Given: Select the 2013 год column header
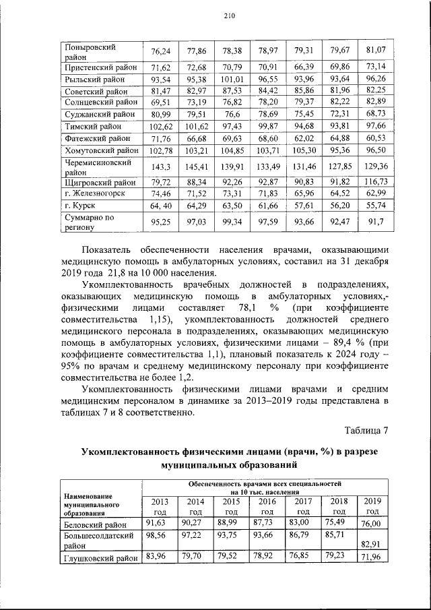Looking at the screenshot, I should tap(160, 506).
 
